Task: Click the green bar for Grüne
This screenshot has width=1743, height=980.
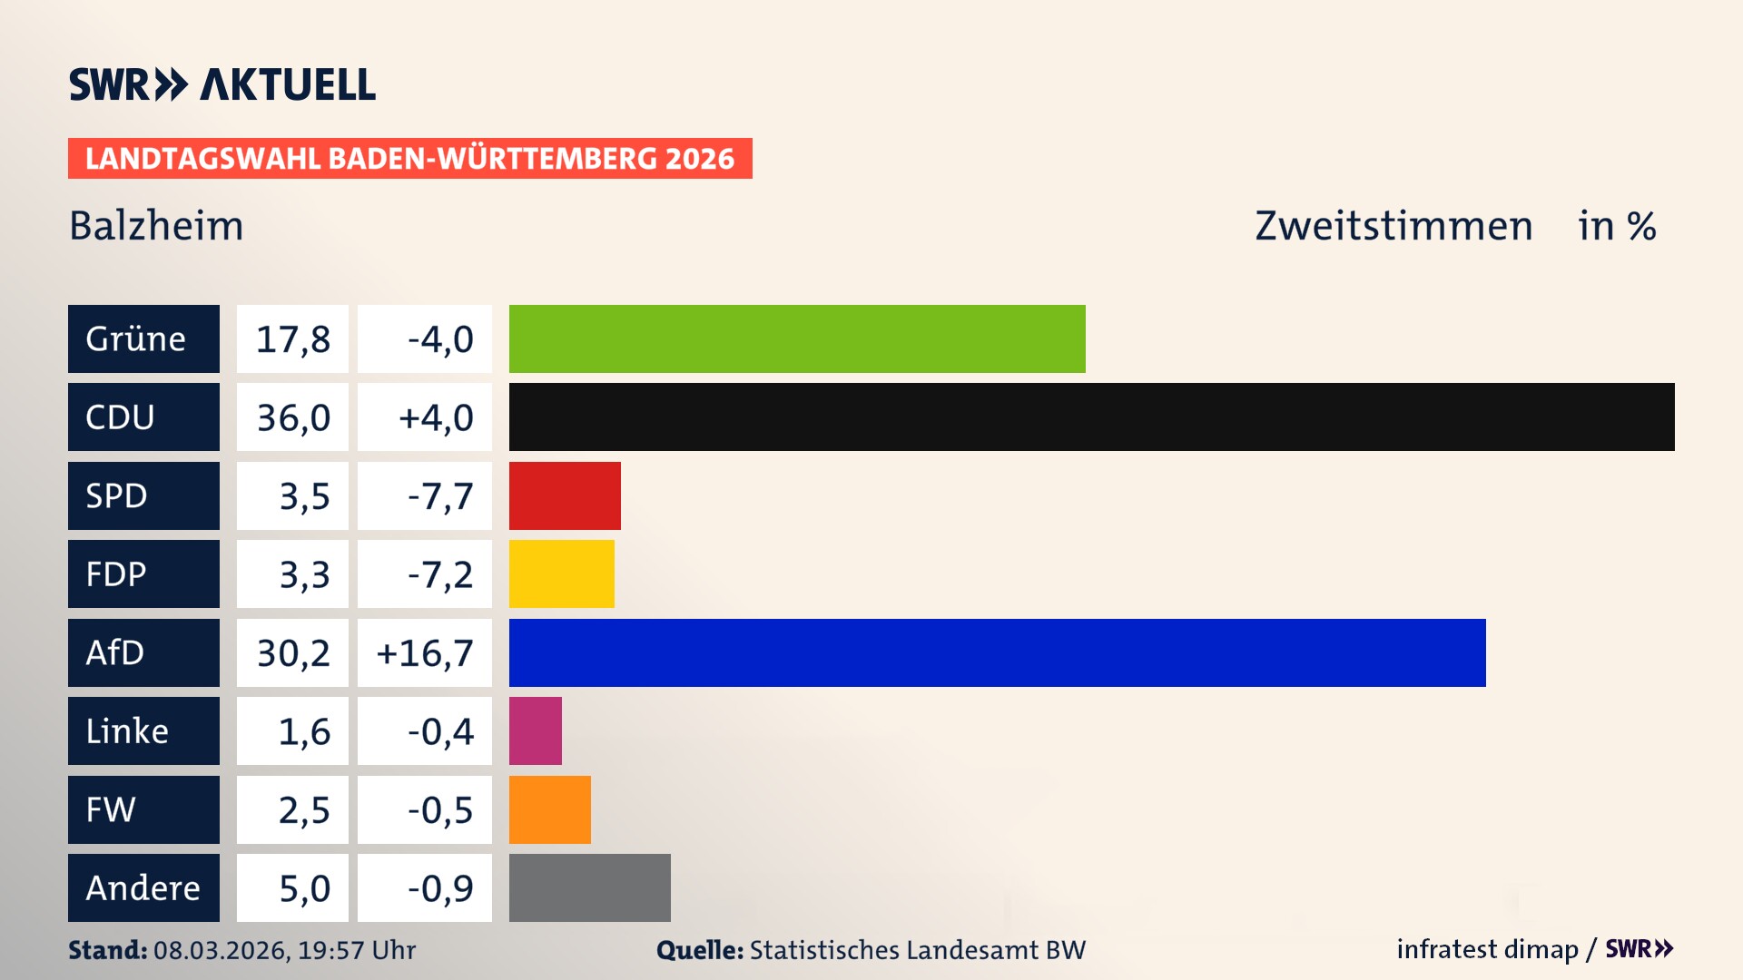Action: [x=797, y=338]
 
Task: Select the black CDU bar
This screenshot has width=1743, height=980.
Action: [x=1091, y=416]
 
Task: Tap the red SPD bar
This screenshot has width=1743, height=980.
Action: [x=565, y=495]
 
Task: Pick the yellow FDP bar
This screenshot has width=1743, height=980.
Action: [x=561, y=573]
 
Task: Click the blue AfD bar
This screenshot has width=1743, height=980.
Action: [x=997, y=652]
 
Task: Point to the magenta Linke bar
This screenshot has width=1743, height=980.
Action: [x=535, y=730]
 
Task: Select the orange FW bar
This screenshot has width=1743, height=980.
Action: [x=549, y=809]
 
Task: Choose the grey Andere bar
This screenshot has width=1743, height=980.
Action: [x=589, y=887]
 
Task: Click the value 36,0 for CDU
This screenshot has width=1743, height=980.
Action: [x=292, y=417]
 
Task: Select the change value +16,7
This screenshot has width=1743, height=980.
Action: [x=425, y=653]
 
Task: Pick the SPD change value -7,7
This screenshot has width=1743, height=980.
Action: [x=439, y=496]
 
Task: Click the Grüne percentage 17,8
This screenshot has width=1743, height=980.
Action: [x=292, y=339]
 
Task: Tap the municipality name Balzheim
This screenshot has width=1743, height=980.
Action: [x=156, y=226]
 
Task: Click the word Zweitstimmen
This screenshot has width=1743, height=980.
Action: [x=1393, y=226]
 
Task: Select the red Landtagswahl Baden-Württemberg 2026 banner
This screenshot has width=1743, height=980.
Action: [x=409, y=158]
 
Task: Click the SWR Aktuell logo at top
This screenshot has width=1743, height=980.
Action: [x=222, y=84]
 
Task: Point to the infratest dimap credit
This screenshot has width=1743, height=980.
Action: [x=1487, y=949]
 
